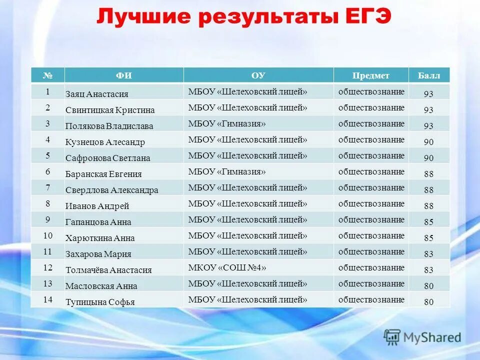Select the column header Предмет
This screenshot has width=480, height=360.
pos(370,75)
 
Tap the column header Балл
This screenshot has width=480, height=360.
pos(429,75)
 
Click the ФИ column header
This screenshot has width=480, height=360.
pos(123,75)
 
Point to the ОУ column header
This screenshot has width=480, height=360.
pos(258,75)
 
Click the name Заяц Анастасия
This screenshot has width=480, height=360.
pos(97,94)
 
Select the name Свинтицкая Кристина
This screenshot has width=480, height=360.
pos(110,110)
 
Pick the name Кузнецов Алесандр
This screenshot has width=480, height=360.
pos(105,142)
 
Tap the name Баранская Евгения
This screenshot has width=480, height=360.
pos(103,174)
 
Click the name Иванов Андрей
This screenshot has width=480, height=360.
pos(97,206)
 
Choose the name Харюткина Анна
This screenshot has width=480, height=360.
pos(100,238)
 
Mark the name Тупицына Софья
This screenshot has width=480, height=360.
pos(100,302)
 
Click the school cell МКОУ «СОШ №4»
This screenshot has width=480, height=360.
pos(227,267)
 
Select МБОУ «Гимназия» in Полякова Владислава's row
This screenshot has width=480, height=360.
pos(226,123)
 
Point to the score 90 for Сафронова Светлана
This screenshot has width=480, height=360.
pos(428,158)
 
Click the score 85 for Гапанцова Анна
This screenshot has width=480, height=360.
pos(428,222)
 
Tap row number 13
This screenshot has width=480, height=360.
pos(48,283)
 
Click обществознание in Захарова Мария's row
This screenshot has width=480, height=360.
pos(371,251)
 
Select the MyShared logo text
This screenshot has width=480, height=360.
pos(433,337)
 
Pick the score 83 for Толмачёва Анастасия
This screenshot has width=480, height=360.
pos(428,270)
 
